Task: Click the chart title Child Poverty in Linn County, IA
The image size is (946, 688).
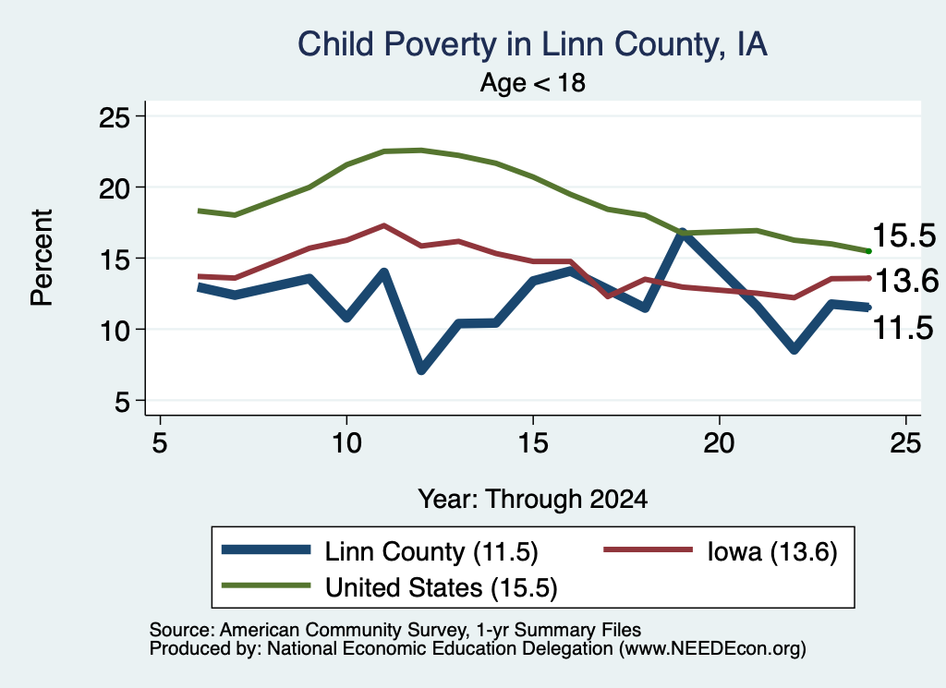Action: coord(532,45)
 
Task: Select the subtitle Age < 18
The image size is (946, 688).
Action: coord(533,82)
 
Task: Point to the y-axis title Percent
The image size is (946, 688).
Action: coord(42,258)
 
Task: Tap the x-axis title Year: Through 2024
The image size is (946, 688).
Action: coord(533,500)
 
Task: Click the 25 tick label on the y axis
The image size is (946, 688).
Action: coord(115,117)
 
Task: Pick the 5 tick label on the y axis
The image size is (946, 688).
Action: coord(123,402)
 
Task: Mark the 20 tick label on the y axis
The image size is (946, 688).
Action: coord(115,188)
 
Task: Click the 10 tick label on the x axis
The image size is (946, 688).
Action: coord(346,444)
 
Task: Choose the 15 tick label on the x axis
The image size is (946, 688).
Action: coord(533,444)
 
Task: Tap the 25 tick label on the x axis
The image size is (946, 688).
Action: coord(905,444)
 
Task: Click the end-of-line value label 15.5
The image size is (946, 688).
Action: coord(904,235)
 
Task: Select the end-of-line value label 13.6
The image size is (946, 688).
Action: coord(907,281)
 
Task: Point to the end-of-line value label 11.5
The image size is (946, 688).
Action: coord(904,329)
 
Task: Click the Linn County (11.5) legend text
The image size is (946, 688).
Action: coord(431,551)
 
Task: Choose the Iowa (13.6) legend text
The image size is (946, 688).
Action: coord(772,551)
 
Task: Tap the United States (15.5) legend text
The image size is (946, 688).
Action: coord(441,588)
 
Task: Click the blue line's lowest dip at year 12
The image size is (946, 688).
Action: coord(421,369)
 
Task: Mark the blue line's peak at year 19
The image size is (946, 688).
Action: coord(683,233)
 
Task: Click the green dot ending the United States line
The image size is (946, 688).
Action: coord(868,251)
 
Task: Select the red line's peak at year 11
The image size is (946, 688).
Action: coord(383,225)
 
